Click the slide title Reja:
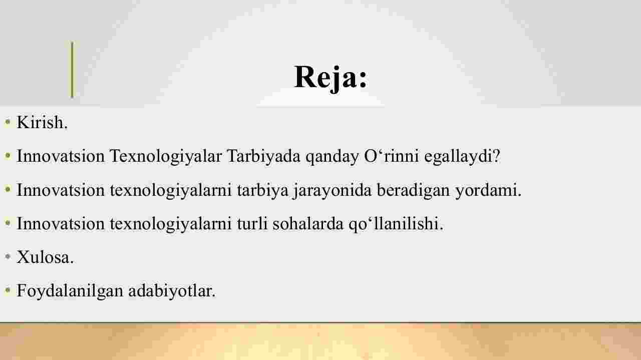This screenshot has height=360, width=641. pos(331,78)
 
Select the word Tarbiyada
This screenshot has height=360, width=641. pos(263,157)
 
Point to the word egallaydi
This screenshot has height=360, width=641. pos(458,157)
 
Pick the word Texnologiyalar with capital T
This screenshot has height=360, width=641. pos(166,157)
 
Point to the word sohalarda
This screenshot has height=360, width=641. pos(308,224)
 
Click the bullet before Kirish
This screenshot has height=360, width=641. pos(8,122)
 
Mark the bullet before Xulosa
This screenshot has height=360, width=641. pos(8,257)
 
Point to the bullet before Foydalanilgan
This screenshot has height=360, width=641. pos(8,290)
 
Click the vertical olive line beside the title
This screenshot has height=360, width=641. pos(72,70)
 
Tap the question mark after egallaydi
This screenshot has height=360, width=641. pos(496,156)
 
